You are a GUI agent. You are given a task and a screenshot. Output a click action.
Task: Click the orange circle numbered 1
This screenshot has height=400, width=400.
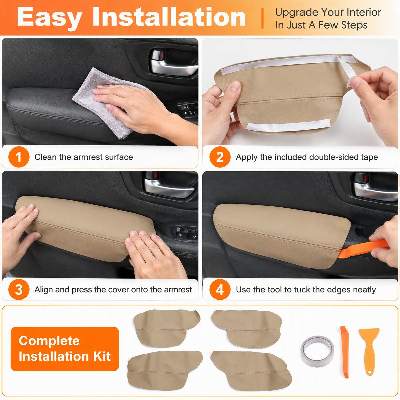[19, 157]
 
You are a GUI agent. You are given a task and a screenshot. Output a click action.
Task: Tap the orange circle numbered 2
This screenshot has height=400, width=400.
[220, 157]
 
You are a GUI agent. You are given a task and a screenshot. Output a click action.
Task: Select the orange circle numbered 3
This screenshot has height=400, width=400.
[19, 289]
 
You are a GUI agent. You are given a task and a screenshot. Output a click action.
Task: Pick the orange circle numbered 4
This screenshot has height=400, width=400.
[220, 289]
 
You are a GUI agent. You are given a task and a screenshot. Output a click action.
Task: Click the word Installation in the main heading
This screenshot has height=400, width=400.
[169, 17]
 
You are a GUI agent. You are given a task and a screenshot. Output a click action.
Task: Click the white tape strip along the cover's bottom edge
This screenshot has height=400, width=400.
[289, 125]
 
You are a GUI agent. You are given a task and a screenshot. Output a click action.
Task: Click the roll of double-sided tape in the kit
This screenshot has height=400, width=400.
[317, 351]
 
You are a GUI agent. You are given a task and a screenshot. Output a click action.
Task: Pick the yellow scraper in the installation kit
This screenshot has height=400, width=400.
[369, 351]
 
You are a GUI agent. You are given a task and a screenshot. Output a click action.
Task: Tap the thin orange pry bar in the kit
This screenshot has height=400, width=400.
[345, 352]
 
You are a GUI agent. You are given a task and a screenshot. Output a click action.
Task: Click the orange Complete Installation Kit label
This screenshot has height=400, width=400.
[65, 349]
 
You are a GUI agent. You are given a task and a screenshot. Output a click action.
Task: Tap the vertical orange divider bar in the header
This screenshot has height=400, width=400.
[262, 18]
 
